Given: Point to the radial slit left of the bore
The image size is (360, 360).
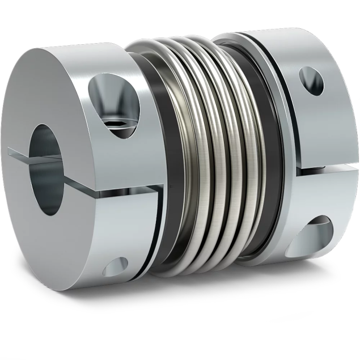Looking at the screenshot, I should click(20, 153).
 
